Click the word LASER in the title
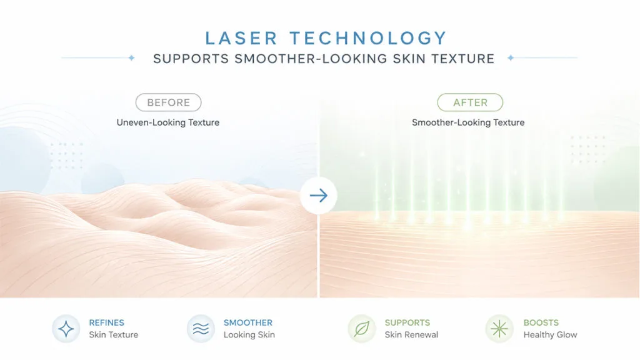pos(241,38)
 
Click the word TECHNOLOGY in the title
pos(369,38)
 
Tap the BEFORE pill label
pos(168,102)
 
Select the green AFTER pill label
pos(470,102)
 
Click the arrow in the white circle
pos(318,196)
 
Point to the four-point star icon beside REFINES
pos(66,329)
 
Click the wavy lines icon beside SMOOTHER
pos(201,329)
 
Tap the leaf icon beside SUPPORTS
pos(362,329)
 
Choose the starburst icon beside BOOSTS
pos(499,329)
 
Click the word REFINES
pos(106,322)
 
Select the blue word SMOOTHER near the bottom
pos(247,322)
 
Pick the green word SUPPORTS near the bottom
pos(407,322)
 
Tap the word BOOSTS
pos(541,322)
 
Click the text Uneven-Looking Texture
pos(167,122)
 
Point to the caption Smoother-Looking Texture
pos(468,122)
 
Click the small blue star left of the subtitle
pos(131,58)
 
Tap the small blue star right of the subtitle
pos(511,58)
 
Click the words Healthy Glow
pos(550,335)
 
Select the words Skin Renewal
pos(411,335)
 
